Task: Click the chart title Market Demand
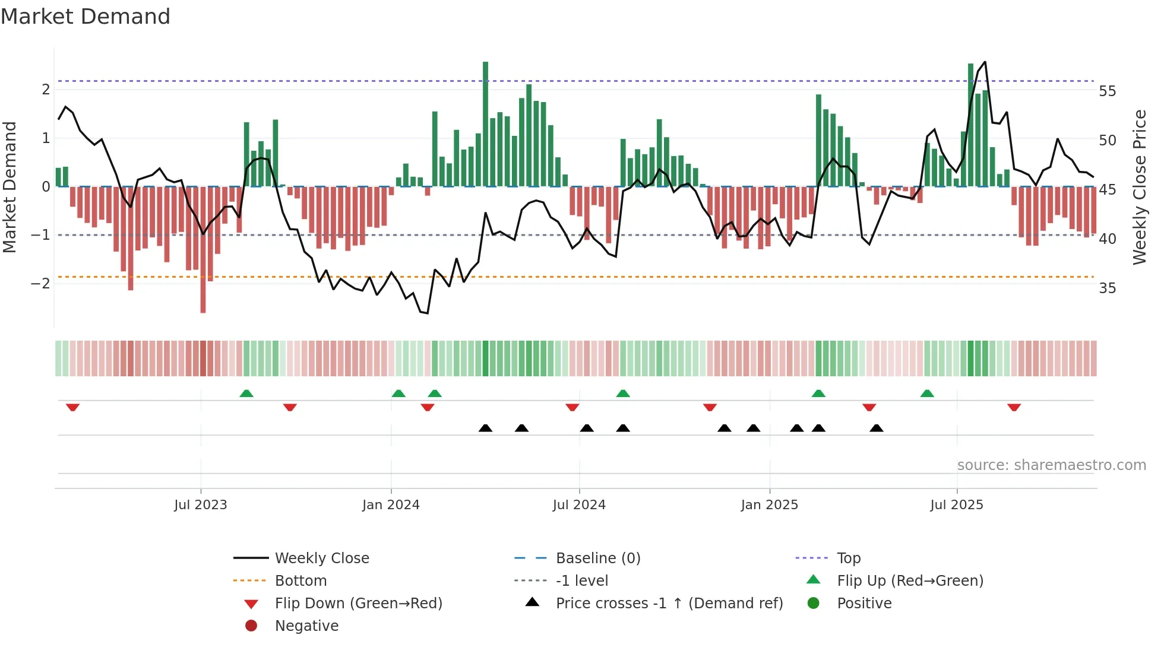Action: pos(86,17)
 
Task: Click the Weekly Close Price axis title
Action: pos(1139,187)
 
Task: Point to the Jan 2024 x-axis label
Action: pos(391,505)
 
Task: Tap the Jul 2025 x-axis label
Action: pos(957,505)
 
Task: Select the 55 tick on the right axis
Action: pos(1107,91)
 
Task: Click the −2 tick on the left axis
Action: pos(41,284)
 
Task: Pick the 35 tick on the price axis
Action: pos(1107,288)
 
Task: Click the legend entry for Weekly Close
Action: pos(321,558)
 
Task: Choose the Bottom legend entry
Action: pos(301,581)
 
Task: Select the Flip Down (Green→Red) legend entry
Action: pos(358,604)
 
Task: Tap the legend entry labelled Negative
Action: pos(306,626)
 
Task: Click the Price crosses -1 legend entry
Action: pos(669,604)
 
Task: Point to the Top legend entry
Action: pos(848,558)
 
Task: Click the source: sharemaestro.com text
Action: pos(1051,465)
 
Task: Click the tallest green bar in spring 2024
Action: pos(485,125)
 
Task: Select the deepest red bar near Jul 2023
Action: pos(203,249)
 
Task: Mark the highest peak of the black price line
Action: pos(985,62)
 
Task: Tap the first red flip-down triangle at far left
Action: pos(73,407)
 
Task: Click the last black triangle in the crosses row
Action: pos(876,428)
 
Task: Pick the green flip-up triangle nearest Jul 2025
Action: pos(927,393)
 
